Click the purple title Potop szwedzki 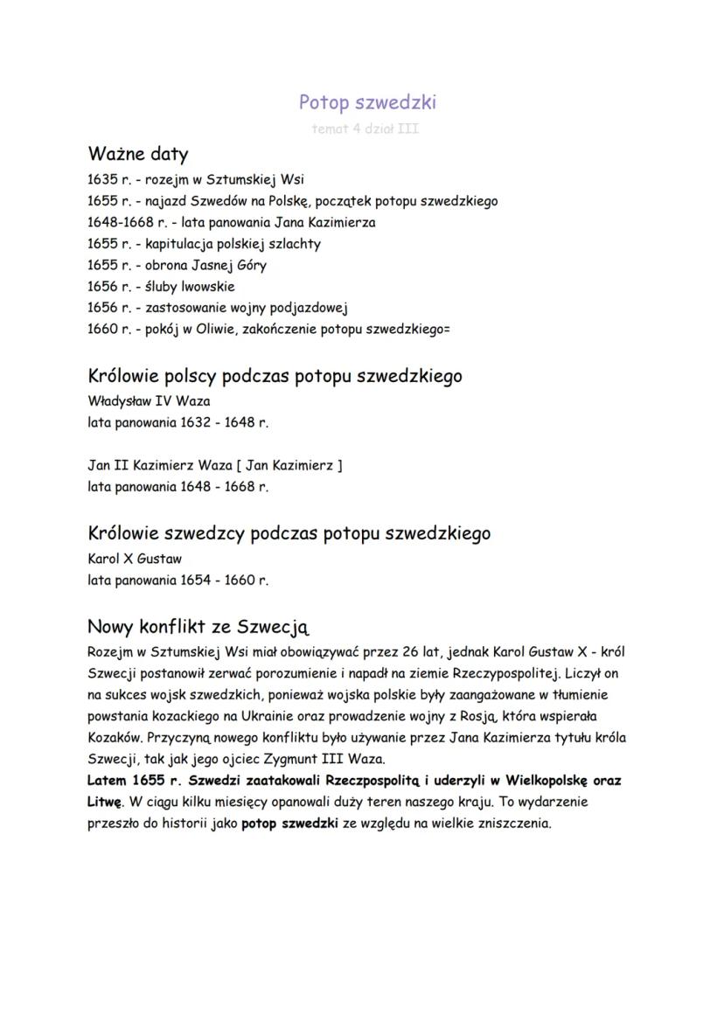(x=367, y=102)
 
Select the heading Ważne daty (x=137, y=155)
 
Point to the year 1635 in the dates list (x=102, y=180)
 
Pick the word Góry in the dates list (x=249, y=265)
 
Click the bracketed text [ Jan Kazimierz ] (x=289, y=465)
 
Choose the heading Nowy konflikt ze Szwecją (x=198, y=627)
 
